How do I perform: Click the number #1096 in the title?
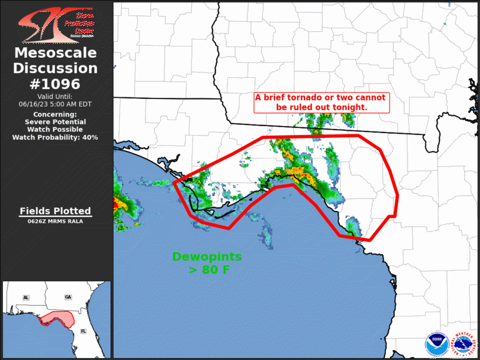(x=55, y=84)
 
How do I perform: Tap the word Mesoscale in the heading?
(x=55, y=53)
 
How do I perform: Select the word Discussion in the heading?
(x=55, y=68)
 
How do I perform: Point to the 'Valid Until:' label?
(x=55, y=96)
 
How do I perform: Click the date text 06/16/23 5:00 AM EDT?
(x=55, y=104)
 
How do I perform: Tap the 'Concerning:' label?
(x=55, y=114)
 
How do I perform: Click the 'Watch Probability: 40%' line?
(x=55, y=137)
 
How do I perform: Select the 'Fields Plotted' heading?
(x=55, y=211)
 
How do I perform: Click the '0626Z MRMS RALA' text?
(x=55, y=222)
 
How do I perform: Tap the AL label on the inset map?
(x=26, y=298)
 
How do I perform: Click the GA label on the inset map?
(x=68, y=298)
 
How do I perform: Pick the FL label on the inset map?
(x=82, y=331)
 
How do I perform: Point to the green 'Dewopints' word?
(x=207, y=257)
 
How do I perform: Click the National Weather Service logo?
(x=463, y=344)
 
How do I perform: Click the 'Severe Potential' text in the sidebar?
(x=55, y=121)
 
